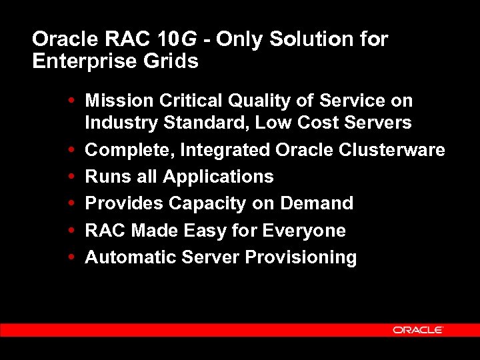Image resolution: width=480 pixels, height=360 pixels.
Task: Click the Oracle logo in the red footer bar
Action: click(418, 330)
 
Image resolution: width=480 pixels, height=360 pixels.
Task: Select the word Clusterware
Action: click(393, 150)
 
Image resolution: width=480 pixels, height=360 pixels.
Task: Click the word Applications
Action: click(218, 177)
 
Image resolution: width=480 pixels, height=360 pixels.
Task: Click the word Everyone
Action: click(304, 231)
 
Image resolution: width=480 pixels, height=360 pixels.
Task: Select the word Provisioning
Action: click(301, 258)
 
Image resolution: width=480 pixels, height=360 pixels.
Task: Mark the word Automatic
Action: click(126, 257)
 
